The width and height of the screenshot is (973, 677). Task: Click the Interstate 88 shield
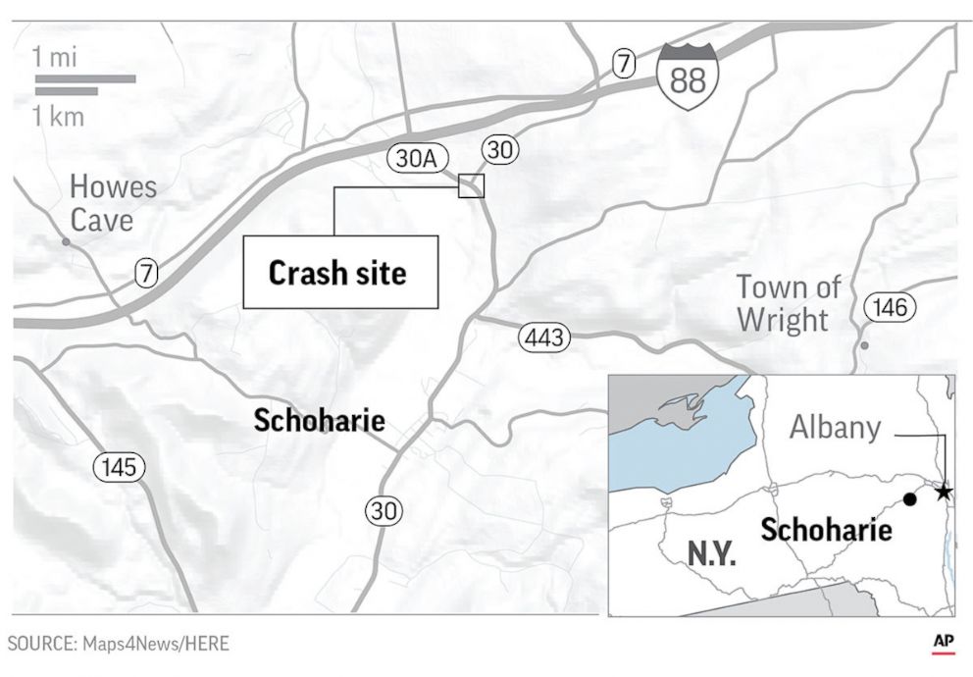click(688, 77)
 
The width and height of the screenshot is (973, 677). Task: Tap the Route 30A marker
click(411, 158)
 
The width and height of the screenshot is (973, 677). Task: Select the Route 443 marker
click(542, 338)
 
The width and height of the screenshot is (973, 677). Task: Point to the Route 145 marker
click(119, 468)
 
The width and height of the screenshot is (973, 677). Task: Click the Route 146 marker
click(890, 308)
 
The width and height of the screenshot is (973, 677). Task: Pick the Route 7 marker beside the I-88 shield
click(623, 63)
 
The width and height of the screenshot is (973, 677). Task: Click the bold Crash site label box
click(339, 273)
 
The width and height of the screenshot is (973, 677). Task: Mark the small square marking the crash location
click(472, 184)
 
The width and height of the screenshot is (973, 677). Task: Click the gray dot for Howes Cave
click(66, 240)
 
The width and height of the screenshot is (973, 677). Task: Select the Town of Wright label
click(789, 303)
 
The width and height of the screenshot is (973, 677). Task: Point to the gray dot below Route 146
click(863, 345)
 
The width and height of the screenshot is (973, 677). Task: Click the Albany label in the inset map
click(836, 428)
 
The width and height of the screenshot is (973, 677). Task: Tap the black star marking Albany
click(944, 492)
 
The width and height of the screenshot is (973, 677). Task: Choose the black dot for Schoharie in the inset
click(909, 499)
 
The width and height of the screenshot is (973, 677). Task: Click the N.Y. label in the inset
click(711, 553)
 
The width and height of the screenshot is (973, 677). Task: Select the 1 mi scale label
click(56, 57)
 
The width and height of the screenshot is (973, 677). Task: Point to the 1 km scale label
click(59, 117)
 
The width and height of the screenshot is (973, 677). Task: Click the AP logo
click(944, 641)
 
